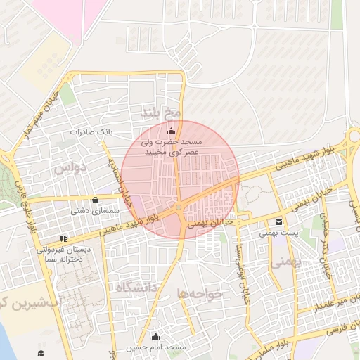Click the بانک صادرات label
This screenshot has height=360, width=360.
click(91, 131)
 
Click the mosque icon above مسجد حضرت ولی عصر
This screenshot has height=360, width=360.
click(171, 130)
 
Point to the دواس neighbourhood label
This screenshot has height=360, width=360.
click(70, 167)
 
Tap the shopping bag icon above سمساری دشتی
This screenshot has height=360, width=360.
click(95, 200)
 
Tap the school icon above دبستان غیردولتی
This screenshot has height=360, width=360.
click(64, 239)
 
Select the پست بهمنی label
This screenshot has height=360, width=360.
click(279, 232)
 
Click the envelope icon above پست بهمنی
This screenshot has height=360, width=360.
click(280, 221)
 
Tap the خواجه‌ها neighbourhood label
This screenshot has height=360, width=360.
click(200, 293)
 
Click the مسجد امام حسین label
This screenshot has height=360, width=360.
click(155, 348)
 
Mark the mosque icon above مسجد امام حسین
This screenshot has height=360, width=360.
click(155, 337)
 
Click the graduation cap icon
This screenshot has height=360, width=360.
click(41, 352)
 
